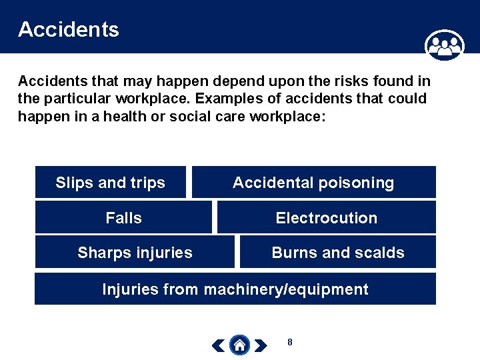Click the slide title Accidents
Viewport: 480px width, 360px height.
tap(69, 29)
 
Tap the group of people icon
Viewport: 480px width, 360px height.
tap(444, 46)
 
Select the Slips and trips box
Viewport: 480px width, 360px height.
tap(111, 183)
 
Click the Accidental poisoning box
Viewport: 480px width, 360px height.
tap(313, 183)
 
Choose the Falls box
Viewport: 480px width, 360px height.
tap(123, 218)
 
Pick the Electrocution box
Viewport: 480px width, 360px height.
tap(326, 218)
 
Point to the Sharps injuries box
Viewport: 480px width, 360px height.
tap(135, 253)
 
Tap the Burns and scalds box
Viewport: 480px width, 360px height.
tap(337, 253)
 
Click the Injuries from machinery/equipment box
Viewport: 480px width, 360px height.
tap(235, 289)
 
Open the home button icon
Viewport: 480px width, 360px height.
tap(240, 345)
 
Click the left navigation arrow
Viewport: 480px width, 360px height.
tap(218, 345)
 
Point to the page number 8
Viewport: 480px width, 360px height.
tap(289, 343)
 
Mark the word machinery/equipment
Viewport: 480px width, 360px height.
tap(286, 289)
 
